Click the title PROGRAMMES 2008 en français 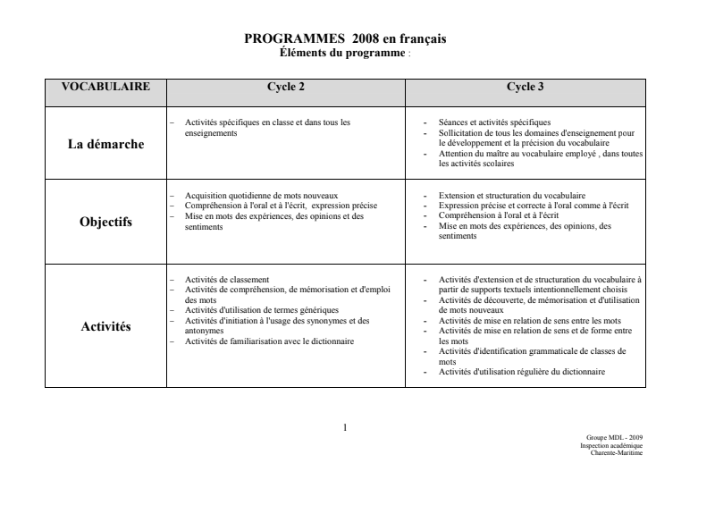pyautogui.click(x=345, y=39)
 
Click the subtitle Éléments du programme pyautogui.click(x=343, y=53)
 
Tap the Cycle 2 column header pyautogui.click(x=286, y=88)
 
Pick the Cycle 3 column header pyautogui.click(x=526, y=88)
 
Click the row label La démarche pyautogui.click(x=105, y=143)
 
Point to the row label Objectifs pyautogui.click(x=105, y=223)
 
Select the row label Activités pyautogui.click(x=105, y=326)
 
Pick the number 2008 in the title pyautogui.click(x=366, y=39)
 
